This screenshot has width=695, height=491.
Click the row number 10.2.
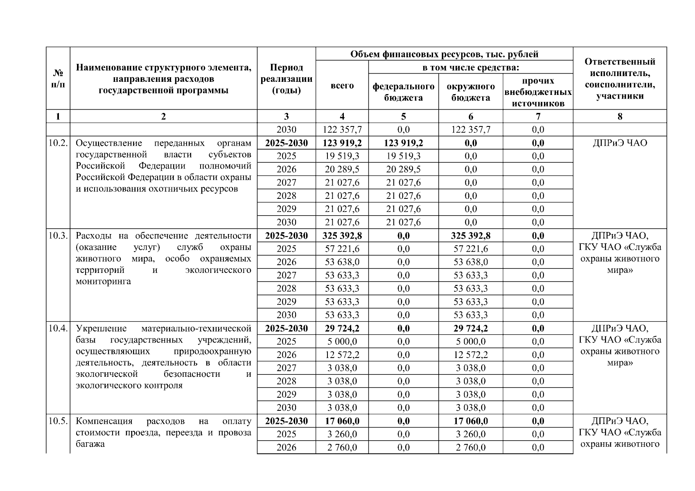click(x=58, y=143)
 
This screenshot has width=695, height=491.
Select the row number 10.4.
click(x=58, y=329)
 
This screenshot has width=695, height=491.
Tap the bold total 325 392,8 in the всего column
click(x=342, y=236)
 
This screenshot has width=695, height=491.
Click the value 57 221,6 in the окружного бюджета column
click(x=470, y=249)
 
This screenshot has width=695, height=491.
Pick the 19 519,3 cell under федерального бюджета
click(x=403, y=156)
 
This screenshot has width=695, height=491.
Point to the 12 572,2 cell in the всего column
click(x=342, y=355)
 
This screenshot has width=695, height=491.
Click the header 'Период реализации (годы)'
click(x=286, y=79)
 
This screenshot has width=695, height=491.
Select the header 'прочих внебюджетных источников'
click(x=538, y=92)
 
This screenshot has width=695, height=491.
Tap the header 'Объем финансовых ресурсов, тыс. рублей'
click(x=444, y=54)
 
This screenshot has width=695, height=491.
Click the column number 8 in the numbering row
click(x=620, y=117)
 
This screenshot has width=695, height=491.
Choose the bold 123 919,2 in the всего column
click(x=342, y=143)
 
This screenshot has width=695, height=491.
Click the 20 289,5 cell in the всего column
click(x=342, y=169)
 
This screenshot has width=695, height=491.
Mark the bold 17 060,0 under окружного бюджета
click(x=470, y=421)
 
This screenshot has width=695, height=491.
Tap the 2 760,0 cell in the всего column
click(x=342, y=448)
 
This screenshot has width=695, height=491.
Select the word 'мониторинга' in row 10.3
click(x=103, y=282)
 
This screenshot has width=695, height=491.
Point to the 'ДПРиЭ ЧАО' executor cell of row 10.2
click(x=620, y=143)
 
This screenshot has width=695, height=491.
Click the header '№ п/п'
click(x=58, y=79)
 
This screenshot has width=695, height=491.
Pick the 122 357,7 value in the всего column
click(x=342, y=130)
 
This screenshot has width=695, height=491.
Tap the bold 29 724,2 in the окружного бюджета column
click(x=470, y=329)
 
